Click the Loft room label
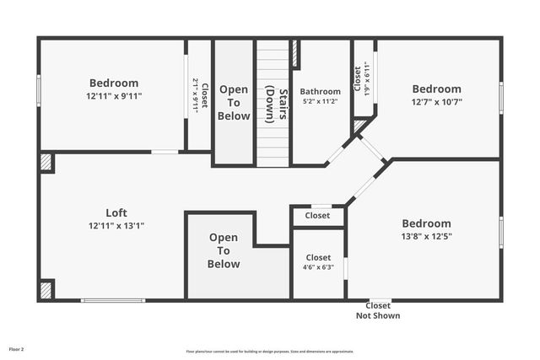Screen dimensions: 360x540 [116, 212]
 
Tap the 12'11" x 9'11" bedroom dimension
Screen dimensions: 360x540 [114, 96]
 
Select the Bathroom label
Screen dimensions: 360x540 [321, 91]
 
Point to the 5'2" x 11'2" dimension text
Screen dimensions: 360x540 [321, 101]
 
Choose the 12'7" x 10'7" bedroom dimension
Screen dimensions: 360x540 [436, 102]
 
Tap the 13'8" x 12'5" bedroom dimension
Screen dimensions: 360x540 [426, 236]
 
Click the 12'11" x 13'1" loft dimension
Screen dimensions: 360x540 [116, 226]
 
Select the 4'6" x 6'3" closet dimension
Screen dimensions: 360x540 [318, 267]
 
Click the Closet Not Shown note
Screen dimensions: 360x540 [377, 310]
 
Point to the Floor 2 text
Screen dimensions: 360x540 [17, 348]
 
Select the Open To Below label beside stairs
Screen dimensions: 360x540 [234, 102]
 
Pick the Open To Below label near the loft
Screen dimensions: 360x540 [224, 250]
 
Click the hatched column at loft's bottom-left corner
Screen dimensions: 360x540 [46, 290]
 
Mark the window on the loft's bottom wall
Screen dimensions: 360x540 [112, 300]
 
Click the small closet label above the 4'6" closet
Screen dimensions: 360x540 [317, 216]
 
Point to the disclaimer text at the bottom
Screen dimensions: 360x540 [269, 352]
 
